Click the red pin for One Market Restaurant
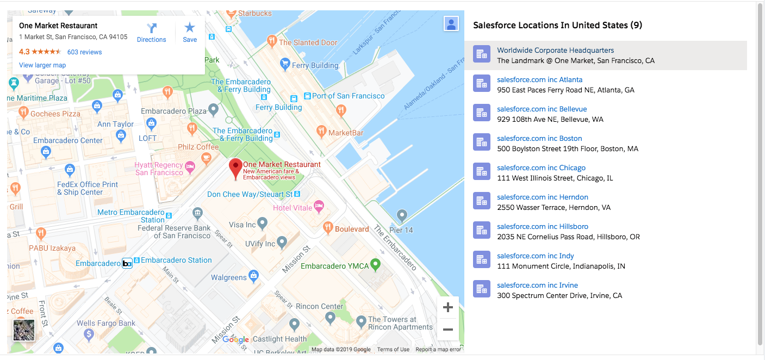pos(235,169)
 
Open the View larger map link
pos(42,65)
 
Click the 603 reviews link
pos(84,52)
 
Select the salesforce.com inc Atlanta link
pos(539,79)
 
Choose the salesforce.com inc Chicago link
pos(541,167)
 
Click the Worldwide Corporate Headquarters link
pos(555,50)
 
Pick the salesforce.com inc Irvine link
pos(537,285)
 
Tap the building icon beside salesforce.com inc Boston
pos(482,142)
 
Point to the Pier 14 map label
pos(401,230)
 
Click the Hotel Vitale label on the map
pos(293,208)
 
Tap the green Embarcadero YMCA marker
pos(375,265)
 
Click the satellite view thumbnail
pos(24,330)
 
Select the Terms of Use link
pos(393,350)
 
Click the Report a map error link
pos(438,350)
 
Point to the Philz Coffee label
pos(198,147)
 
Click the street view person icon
pos(451,24)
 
